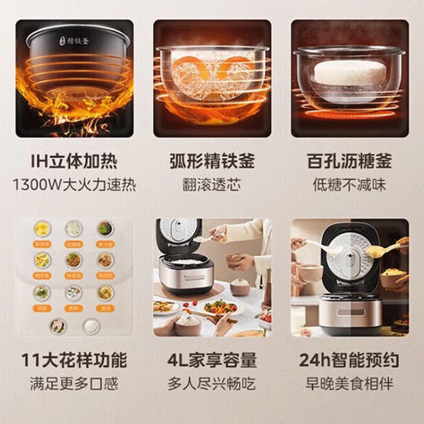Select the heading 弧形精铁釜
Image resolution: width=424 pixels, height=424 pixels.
click(212, 160)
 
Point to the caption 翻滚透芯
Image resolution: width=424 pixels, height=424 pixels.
click(212, 183)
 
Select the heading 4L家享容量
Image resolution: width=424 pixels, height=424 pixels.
click(212, 360)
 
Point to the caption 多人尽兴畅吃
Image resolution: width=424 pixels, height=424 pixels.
click(212, 382)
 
